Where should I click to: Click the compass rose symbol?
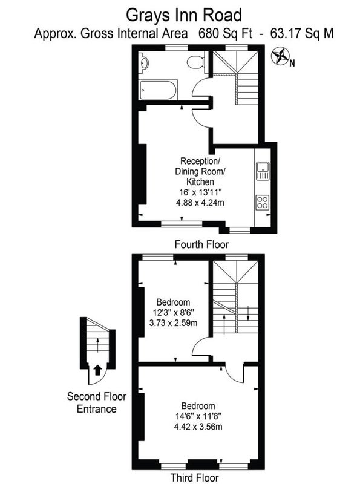[x=280, y=56]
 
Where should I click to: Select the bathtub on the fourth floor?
[x=159, y=90]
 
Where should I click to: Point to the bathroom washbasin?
[x=144, y=62]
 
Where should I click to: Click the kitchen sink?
[x=263, y=171]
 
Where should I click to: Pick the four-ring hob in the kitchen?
[x=263, y=203]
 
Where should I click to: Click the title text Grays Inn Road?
[x=184, y=15]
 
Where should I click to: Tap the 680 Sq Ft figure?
[x=225, y=33]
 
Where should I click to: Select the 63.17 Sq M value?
[x=302, y=33]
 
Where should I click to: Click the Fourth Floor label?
[x=201, y=244]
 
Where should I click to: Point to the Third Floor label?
[x=194, y=477]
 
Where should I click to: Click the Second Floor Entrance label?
[x=97, y=402]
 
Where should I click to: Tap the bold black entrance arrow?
[x=97, y=370]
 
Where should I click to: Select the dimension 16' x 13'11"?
[x=200, y=192]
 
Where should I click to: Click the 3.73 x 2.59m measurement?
[x=173, y=323]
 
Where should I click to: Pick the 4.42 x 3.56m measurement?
[x=198, y=427]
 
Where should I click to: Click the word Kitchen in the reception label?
[x=200, y=181]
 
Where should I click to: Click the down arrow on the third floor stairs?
[x=248, y=313]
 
